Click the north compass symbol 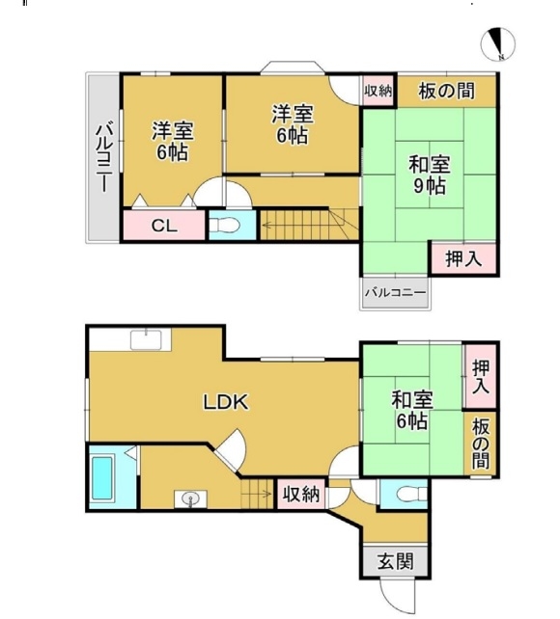tap(498, 44)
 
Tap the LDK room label tap(226, 402)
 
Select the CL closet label tap(164, 226)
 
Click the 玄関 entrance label tap(395, 561)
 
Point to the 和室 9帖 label tap(430, 175)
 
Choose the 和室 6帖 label tap(412, 411)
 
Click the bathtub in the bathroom tap(102, 477)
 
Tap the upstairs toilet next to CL tap(224, 226)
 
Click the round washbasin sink tap(190, 499)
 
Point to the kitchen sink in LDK tap(146, 340)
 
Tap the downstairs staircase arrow tap(257, 494)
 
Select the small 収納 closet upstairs tap(378, 92)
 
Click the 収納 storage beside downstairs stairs tap(301, 494)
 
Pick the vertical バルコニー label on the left tap(104, 157)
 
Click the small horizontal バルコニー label tap(395, 293)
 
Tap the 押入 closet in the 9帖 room tap(463, 258)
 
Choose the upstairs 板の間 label tap(447, 92)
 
